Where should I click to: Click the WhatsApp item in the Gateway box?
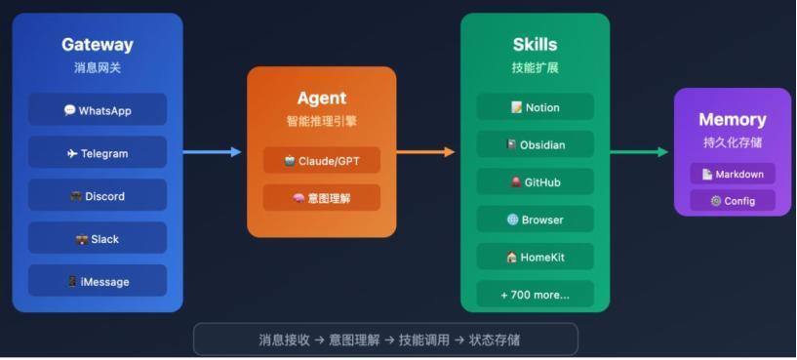coord(98,110)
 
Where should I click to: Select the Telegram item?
coord(98,153)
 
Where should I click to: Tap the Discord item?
coord(98,196)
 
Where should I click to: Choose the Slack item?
coord(98,239)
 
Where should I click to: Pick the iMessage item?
coord(98,282)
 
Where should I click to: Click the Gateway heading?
coord(98,44)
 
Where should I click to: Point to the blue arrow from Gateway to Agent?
coord(212,152)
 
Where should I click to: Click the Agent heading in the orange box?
coord(322,99)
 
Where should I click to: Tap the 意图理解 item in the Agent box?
coord(322,198)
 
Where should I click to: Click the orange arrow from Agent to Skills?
coord(426,152)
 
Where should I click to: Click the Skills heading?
coord(536,44)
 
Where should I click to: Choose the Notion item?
coord(536,107)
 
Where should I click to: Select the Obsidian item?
coord(536,144)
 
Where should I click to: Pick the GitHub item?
coord(536,182)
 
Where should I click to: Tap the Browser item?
coord(536,220)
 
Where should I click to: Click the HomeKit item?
coord(536,258)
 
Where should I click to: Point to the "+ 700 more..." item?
coord(536,295)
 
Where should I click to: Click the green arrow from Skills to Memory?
coord(639,152)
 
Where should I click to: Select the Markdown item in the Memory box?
coord(733,174)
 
